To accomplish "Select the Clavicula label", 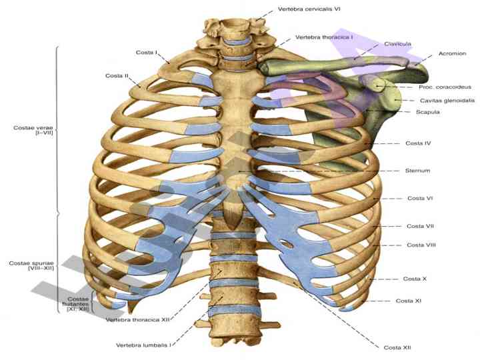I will [x=397, y=44].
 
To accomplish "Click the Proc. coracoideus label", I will [x=445, y=87].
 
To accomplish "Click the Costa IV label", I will [x=418, y=143].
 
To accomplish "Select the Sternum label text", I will [x=417, y=171].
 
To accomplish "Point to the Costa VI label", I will [x=420, y=199].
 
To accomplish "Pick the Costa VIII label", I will [x=421, y=245].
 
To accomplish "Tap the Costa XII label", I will [x=398, y=347].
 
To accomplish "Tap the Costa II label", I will [x=117, y=75].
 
